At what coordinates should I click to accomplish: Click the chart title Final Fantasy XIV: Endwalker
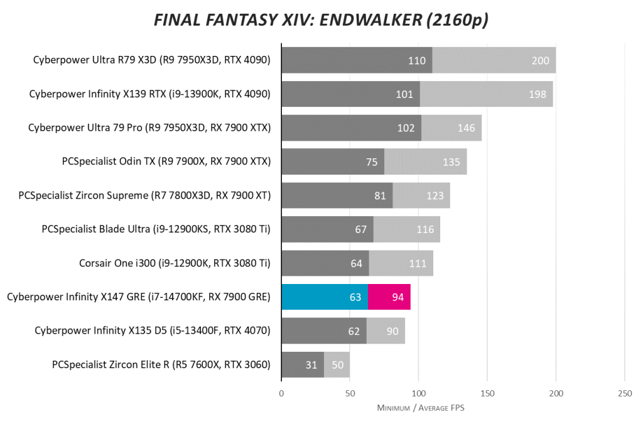(x=321, y=21)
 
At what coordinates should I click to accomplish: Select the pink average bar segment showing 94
(x=389, y=297)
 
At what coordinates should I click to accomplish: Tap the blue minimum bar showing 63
(x=324, y=297)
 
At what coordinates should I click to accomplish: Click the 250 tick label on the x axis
(x=624, y=393)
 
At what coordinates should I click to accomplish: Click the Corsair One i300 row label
(x=175, y=263)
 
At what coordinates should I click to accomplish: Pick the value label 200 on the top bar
(x=540, y=60)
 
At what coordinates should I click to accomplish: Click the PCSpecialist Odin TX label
(x=166, y=161)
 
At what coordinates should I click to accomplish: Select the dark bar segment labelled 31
(x=303, y=364)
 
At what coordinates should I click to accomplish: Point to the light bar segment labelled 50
(x=337, y=364)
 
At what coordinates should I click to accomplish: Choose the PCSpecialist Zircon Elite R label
(x=161, y=364)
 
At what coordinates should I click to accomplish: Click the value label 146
(x=466, y=128)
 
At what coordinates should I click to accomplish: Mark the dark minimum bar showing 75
(x=333, y=161)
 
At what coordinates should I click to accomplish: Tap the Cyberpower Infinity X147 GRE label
(x=139, y=297)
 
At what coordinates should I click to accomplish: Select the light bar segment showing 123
(x=421, y=195)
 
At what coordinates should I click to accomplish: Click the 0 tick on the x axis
(x=281, y=393)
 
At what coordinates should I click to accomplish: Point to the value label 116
(x=425, y=229)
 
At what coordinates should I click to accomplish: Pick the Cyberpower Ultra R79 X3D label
(x=151, y=60)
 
